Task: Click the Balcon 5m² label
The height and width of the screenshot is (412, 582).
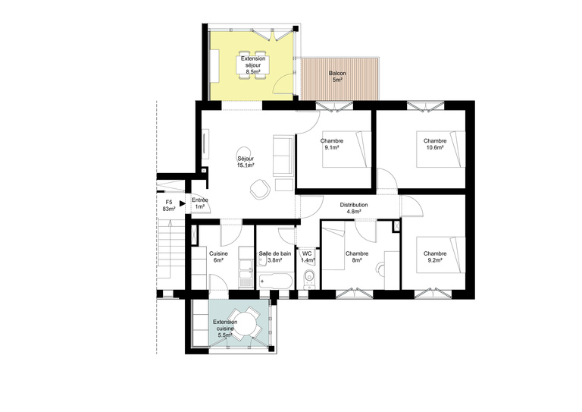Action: click(x=337, y=76)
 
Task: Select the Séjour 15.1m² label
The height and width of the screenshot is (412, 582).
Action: click(x=246, y=162)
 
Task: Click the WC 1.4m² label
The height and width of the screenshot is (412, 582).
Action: click(x=307, y=257)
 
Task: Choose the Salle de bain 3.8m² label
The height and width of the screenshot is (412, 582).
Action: click(x=274, y=257)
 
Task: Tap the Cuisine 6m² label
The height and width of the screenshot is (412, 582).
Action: click(x=219, y=257)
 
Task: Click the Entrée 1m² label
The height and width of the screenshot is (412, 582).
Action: click(x=200, y=204)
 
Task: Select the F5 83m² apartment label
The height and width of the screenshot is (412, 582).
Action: click(x=168, y=205)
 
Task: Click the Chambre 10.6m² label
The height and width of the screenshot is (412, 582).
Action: click(x=435, y=144)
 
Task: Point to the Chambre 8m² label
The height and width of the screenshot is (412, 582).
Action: click(x=356, y=257)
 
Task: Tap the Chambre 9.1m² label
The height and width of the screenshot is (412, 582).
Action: click(x=332, y=144)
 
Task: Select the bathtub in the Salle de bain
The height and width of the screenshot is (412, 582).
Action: click(x=276, y=281)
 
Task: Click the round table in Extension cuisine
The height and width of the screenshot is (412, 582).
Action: click(x=246, y=325)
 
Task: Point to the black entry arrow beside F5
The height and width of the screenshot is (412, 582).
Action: click(x=183, y=203)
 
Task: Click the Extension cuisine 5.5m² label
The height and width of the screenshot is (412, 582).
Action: click(x=224, y=328)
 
